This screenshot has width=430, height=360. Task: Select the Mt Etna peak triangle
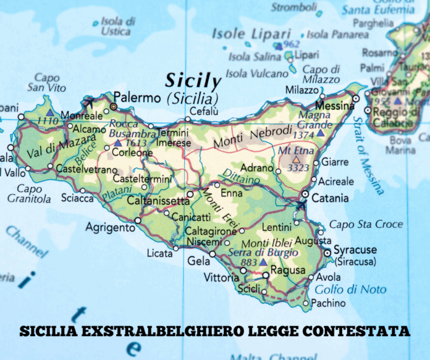(296, 159)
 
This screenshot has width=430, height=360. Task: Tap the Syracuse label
(355, 250)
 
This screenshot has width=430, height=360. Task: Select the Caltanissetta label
(158, 201)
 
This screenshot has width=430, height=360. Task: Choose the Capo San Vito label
(47, 83)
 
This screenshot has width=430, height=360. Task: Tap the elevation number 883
(249, 262)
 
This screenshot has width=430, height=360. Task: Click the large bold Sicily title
(192, 82)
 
